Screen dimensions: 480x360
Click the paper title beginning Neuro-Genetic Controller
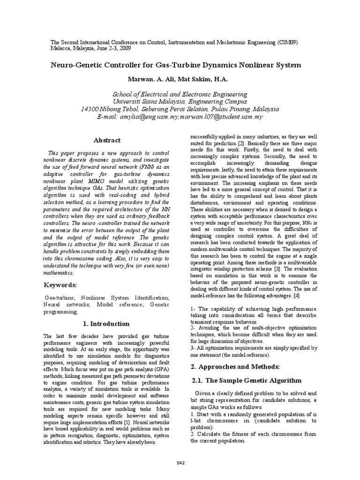[x=175, y=65]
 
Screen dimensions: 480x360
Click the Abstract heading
[x=107, y=140]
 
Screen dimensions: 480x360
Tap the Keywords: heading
[x=60, y=285]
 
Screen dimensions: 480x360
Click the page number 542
[x=180, y=463]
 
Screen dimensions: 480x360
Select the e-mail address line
[x=180, y=116]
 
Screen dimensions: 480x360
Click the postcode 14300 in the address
[x=90, y=109]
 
